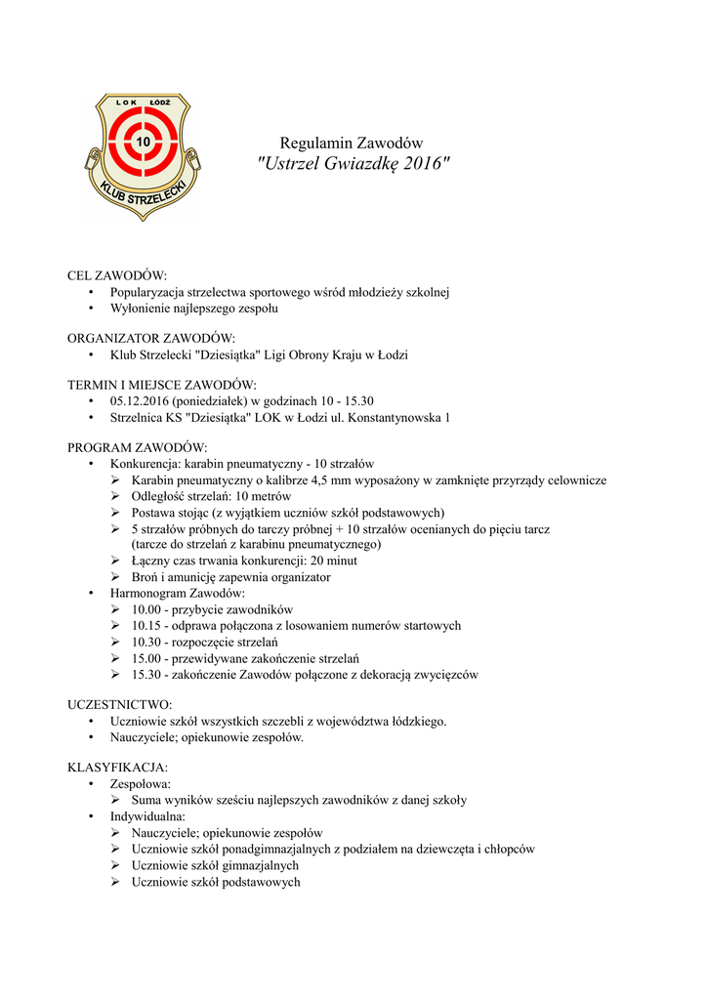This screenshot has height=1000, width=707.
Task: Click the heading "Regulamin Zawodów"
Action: point(352,143)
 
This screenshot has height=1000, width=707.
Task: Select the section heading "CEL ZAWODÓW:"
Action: point(117,275)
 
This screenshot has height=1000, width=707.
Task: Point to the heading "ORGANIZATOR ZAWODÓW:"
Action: point(151,338)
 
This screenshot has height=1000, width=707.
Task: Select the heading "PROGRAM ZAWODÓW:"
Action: point(138,448)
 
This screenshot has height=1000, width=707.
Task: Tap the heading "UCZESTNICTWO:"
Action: point(119,704)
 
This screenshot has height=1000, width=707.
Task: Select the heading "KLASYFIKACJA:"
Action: point(117,768)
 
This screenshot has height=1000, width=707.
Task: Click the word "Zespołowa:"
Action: point(141,783)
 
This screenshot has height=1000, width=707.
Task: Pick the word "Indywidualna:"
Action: point(147,815)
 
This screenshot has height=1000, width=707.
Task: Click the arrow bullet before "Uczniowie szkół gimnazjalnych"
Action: point(116,865)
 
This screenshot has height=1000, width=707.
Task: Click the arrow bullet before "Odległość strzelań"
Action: point(116,496)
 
